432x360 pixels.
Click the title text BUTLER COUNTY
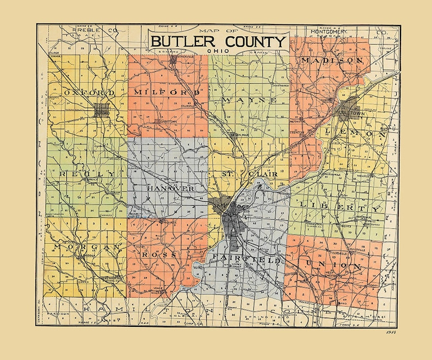point(218,42)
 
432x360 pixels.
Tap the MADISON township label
point(331,60)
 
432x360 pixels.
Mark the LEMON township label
point(355,133)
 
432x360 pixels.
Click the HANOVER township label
point(170,188)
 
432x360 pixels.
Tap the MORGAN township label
point(86,247)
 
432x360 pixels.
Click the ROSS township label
point(159,254)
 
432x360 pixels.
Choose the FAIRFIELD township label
point(246,260)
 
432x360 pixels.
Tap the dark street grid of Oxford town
point(101,111)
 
